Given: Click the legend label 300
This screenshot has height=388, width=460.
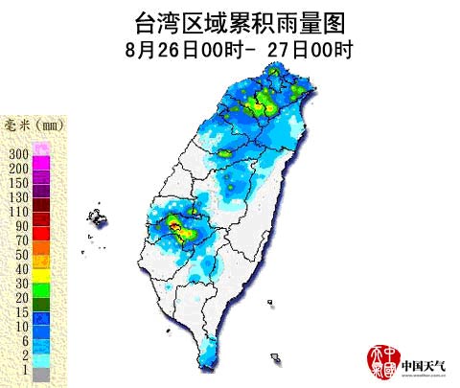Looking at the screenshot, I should pyautogui.click(x=17, y=154).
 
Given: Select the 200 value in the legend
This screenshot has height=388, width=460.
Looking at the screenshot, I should pyautogui.click(x=17, y=168).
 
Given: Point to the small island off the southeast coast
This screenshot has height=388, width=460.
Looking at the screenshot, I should pyautogui.click(x=276, y=358).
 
